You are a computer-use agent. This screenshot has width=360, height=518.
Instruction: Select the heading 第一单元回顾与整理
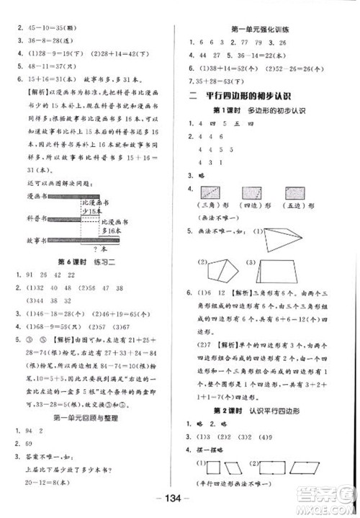tap(89, 417)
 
